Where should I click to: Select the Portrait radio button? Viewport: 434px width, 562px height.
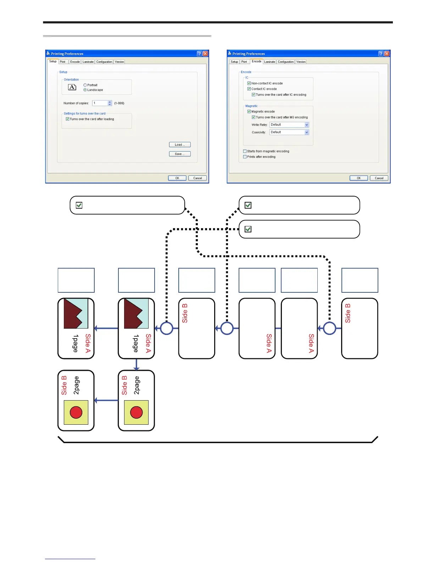(x=85, y=85)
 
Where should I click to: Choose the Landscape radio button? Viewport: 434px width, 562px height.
(x=85, y=90)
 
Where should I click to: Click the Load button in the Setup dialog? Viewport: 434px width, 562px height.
(x=180, y=144)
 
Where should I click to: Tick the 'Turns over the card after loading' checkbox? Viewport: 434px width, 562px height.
(x=67, y=119)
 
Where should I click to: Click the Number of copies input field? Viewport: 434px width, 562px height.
(x=100, y=103)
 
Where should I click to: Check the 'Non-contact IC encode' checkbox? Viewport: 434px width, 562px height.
(x=249, y=83)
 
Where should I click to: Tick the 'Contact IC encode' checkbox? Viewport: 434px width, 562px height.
(x=249, y=89)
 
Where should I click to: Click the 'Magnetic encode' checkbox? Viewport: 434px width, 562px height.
(x=249, y=111)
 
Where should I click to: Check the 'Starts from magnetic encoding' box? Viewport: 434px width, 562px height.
(x=245, y=151)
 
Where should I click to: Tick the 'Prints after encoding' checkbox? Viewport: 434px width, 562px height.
(x=245, y=157)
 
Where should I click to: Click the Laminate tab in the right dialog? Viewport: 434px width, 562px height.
(x=269, y=62)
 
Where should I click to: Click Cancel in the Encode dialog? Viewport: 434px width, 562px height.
(x=379, y=178)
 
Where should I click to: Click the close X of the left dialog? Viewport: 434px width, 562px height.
(x=205, y=54)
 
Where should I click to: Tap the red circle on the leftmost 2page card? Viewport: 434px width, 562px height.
(x=76, y=412)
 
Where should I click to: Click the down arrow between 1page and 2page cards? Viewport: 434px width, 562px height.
(x=136, y=364)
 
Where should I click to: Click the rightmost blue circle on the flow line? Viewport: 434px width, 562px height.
(x=329, y=328)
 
